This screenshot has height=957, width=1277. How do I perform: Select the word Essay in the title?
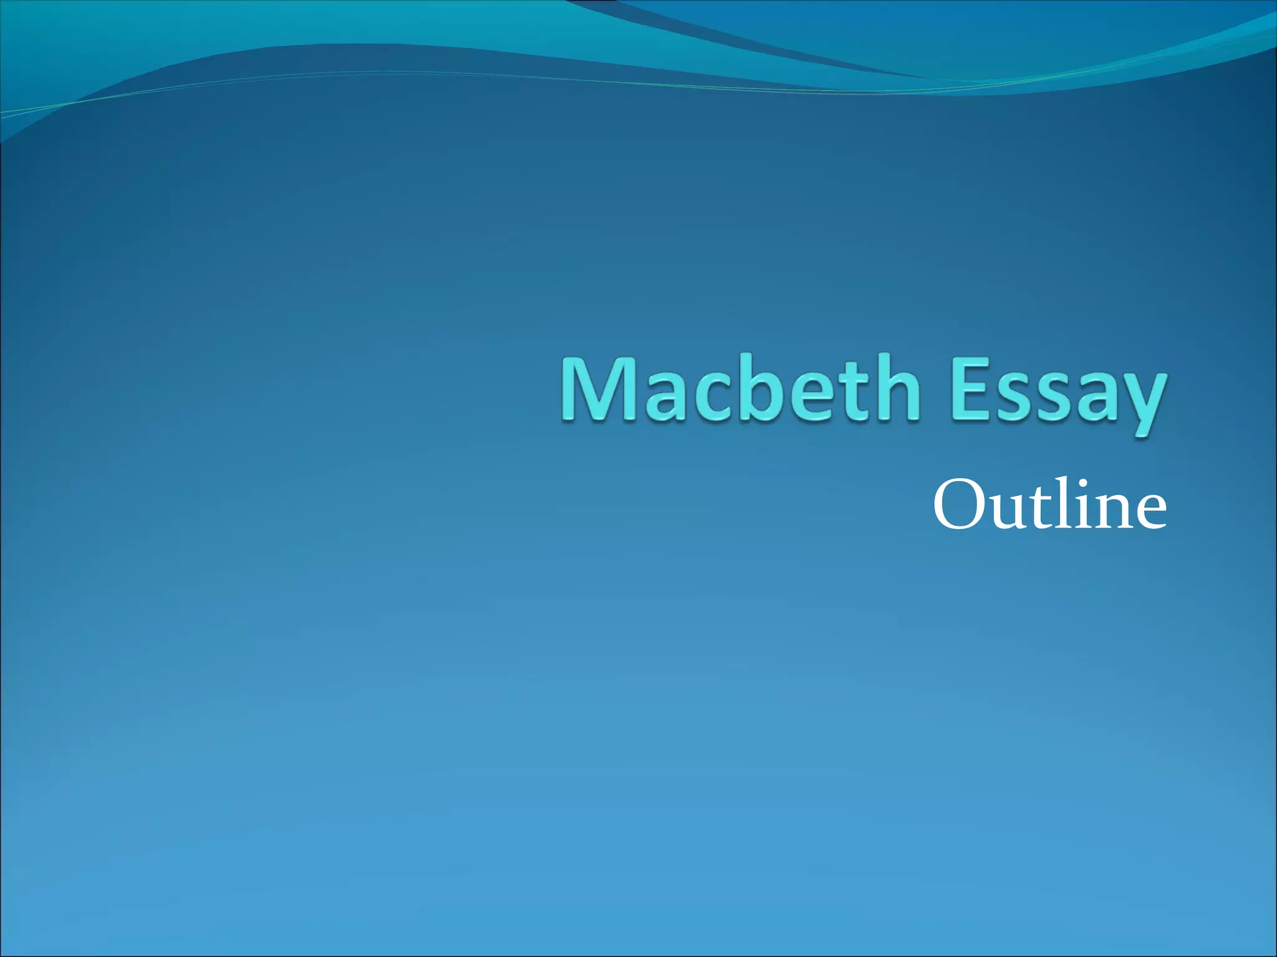pyautogui.click(x=1058, y=393)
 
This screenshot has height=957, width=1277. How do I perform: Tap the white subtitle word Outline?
pyautogui.click(x=1049, y=505)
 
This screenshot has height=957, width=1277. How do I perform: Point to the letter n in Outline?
pyautogui.click(x=1111, y=511)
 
